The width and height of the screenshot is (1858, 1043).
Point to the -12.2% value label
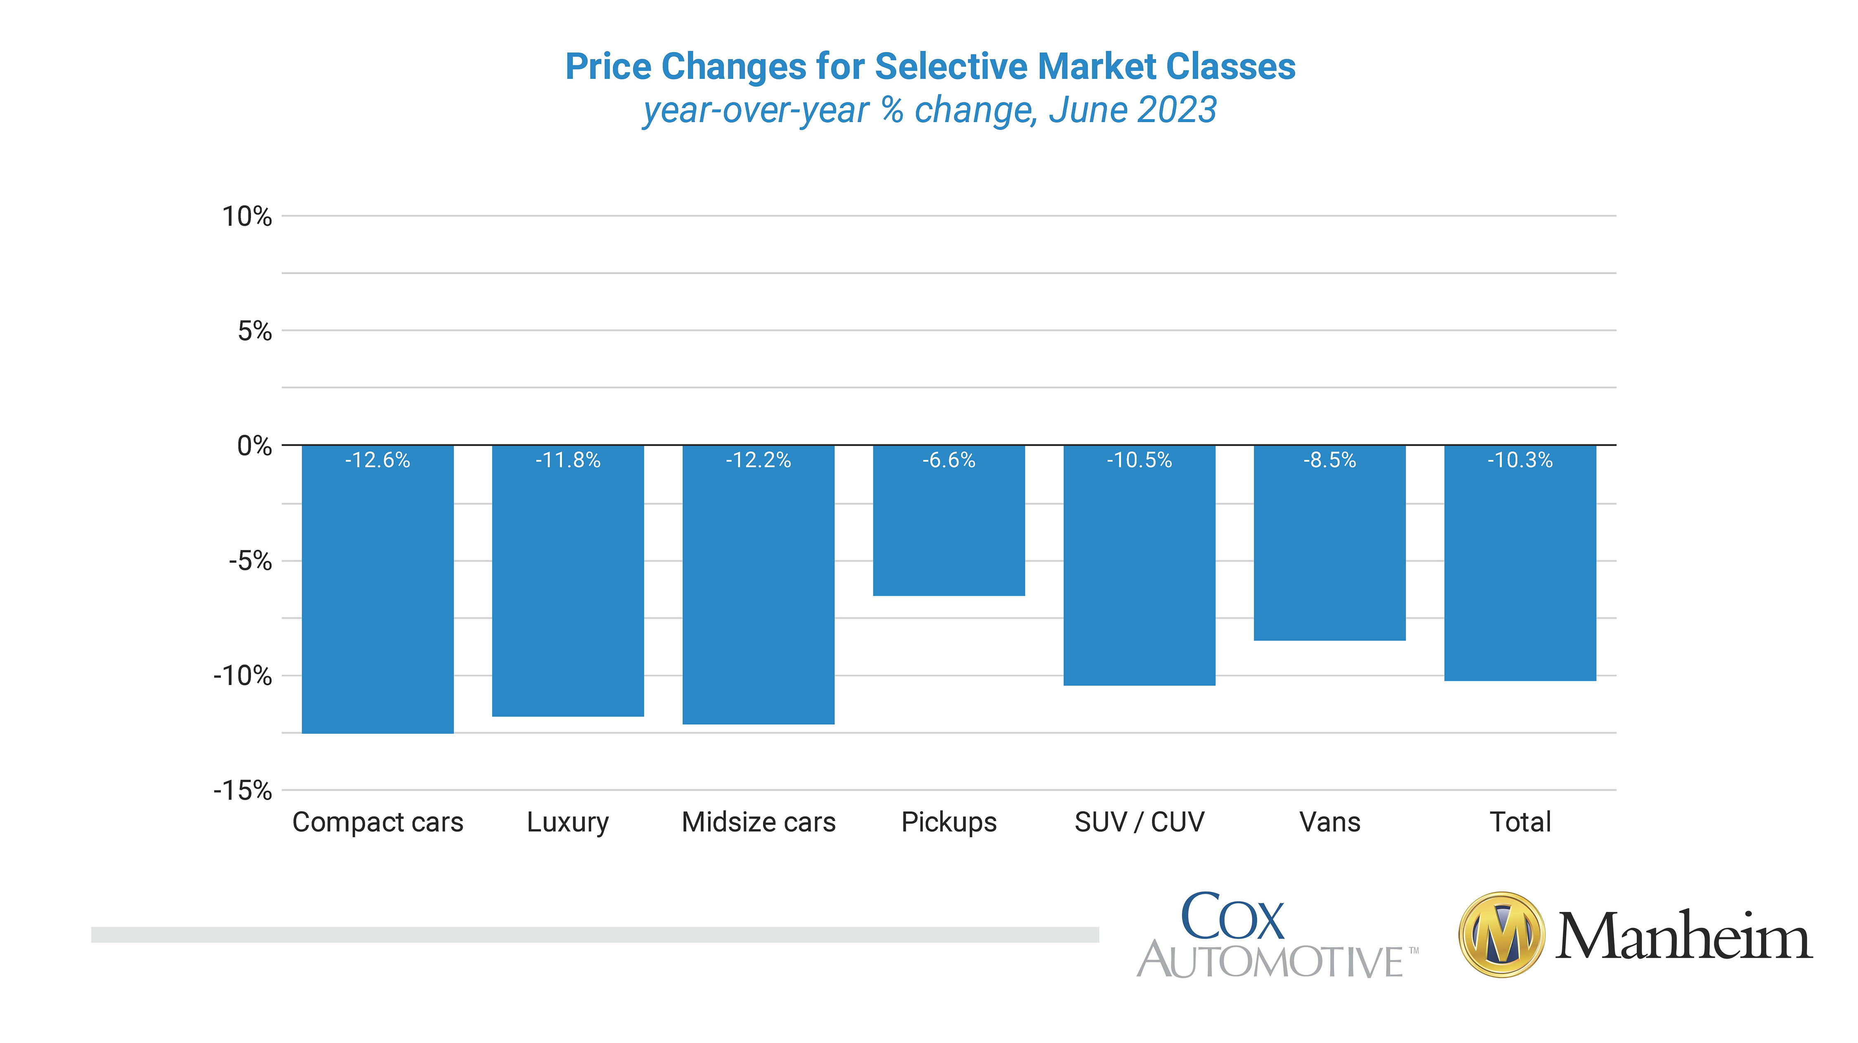tap(758, 460)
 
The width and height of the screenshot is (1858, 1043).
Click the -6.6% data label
tap(948, 460)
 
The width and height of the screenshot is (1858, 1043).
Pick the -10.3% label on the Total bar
tap(1520, 460)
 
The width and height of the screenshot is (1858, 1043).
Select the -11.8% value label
tap(568, 460)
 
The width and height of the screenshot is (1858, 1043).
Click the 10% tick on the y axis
tap(246, 216)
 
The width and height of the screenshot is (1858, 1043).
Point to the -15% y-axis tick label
tap(242, 791)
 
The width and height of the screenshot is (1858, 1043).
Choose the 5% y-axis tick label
tap(255, 331)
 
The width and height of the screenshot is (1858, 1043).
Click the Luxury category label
tap(568, 822)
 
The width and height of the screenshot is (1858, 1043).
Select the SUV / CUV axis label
tap(1139, 822)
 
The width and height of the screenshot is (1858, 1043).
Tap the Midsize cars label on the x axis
tap(758, 822)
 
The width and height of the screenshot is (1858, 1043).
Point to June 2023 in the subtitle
tap(1133, 110)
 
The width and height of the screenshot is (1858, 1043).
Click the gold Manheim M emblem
tap(1501, 935)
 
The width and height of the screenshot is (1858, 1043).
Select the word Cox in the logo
tap(1232, 916)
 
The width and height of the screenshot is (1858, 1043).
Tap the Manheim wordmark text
tap(1683, 936)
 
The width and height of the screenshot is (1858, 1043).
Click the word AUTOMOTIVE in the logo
tap(1270, 962)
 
